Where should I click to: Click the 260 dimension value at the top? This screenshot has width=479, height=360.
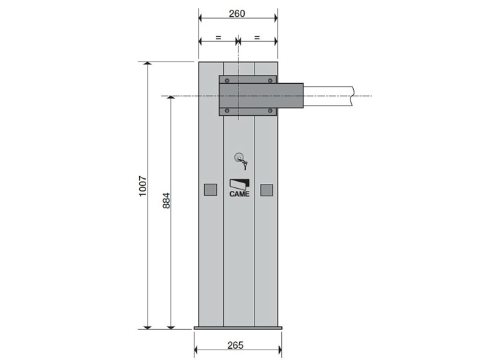(x=237, y=14)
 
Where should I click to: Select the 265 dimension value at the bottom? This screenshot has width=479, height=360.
(x=236, y=345)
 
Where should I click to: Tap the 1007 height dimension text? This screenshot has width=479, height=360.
(x=143, y=186)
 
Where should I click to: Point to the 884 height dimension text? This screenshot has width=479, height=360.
(x=166, y=201)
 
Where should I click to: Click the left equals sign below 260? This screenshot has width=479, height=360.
(x=218, y=38)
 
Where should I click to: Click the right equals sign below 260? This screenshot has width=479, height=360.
(x=257, y=38)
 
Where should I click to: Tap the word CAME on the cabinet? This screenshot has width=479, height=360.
(x=239, y=194)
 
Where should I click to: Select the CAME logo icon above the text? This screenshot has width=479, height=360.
(x=239, y=184)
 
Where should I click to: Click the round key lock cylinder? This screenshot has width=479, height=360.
(x=239, y=157)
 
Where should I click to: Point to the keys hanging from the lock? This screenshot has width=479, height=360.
(x=244, y=165)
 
